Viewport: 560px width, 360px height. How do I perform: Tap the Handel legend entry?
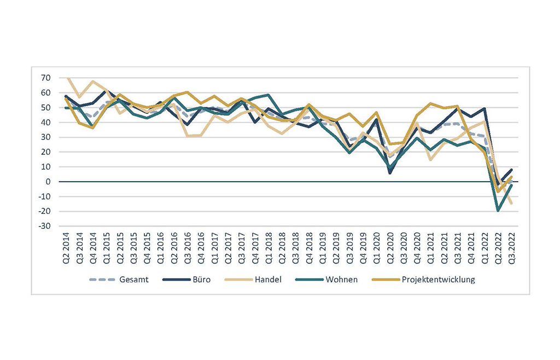[268, 280]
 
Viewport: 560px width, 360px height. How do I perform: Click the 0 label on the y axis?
[48, 182]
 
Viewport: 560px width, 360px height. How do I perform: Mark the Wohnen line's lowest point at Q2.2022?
[498, 211]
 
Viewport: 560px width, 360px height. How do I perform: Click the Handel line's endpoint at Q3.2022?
[512, 204]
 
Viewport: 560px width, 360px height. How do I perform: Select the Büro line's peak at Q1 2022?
[485, 109]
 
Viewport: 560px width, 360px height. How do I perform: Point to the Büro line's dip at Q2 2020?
[390, 173]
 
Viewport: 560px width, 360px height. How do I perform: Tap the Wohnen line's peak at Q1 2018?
[269, 95]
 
